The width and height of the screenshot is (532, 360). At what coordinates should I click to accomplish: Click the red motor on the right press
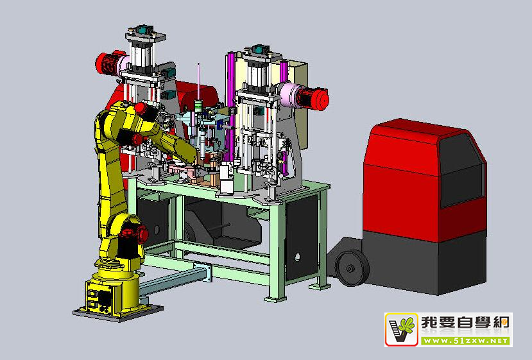tap(313, 99)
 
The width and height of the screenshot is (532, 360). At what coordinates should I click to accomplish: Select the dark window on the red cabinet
tap(461, 171)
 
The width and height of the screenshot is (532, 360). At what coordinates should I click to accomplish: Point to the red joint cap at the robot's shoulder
tap(140, 109)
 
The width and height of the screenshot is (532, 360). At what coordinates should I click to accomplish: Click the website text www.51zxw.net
tap(466, 340)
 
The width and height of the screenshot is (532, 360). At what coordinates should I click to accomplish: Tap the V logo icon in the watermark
tap(401, 329)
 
